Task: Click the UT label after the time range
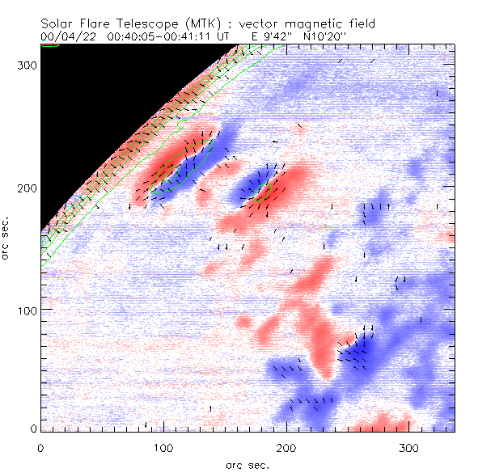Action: click(225, 37)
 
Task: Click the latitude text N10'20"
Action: click(330, 37)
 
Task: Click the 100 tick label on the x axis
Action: click(163, 446)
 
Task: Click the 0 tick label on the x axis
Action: click(40, 446)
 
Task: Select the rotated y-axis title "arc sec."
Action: click(6, 239)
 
